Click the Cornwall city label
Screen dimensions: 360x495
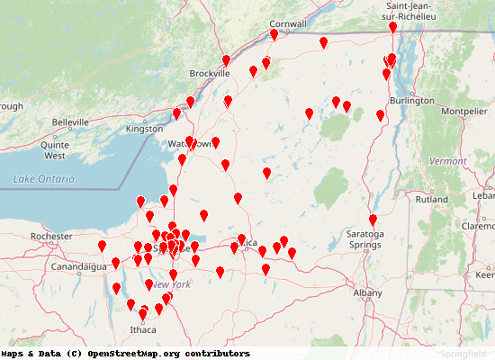[288, 24]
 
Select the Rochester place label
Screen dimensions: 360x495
[51, 237]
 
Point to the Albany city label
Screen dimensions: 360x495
[367, 292]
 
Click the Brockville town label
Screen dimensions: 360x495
[211, 74]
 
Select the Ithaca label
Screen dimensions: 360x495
[142, 330]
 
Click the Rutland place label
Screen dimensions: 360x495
[432, 200]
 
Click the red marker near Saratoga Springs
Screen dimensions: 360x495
[373, 220]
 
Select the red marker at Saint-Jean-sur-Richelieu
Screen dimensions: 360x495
[392, 28]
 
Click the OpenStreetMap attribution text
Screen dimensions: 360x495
[125, 354]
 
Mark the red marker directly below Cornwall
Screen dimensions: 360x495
[274, 34]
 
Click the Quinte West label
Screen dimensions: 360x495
[56, 149]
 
